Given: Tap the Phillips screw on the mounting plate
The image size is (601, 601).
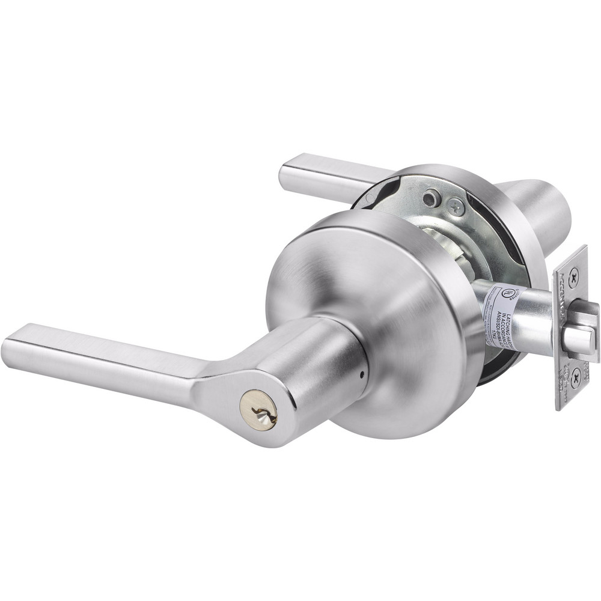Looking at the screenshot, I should [456, 206].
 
